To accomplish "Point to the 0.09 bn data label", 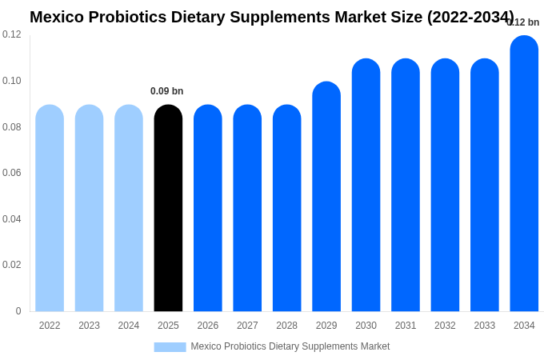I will (x=167, y=91).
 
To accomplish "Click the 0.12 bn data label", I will (x=524, y=22).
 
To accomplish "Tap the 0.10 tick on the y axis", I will (x=12, y=81).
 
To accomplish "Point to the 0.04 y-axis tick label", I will (x=12, y=219).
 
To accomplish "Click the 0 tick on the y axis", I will (x=18, y=311).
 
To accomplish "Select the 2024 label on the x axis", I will (x=129, y=326).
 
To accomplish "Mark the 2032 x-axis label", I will (x=445, y=326).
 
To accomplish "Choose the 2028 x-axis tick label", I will (x=286, y=326).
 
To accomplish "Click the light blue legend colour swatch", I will (x=170, y=347).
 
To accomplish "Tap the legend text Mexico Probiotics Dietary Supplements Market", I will (x=290, y=346).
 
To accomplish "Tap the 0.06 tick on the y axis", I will (x=12, y=173).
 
